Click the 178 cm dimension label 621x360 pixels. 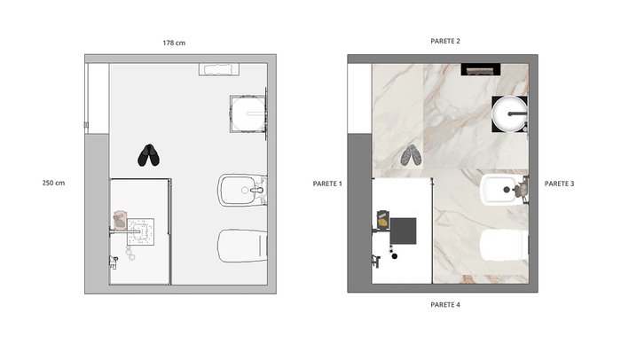coord(174,43)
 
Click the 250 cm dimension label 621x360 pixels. coord(53,183)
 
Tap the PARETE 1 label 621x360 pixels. coord(327,184)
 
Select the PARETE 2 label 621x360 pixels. coord(445,41)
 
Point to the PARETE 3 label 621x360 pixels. coord(559,184)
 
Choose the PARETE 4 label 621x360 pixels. coord(445,305)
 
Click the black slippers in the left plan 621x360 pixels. coord(148,155)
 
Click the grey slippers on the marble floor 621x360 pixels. coord(411,155)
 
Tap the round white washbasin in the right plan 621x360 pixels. coord(509,113)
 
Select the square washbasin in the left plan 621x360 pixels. coord(248,113)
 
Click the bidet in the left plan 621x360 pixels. coord(240,190)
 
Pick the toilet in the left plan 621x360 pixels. coord(242,246)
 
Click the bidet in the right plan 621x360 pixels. coord(502,190)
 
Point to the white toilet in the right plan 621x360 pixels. coord(504,245)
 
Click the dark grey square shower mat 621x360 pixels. coord(403,231)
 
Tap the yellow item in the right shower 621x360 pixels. coord(382,223)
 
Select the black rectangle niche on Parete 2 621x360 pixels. coord(481,70)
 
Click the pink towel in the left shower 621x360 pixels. coord(120,221)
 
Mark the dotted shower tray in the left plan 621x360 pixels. coord(140,231)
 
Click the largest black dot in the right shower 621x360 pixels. coord(395,256)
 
